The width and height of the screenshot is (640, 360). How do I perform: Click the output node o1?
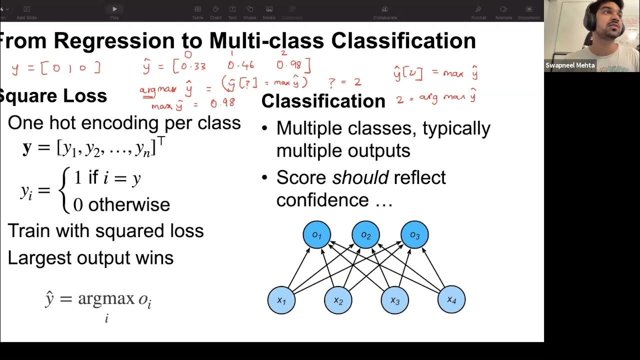point(316,234)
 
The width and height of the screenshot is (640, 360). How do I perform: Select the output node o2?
point(365,234)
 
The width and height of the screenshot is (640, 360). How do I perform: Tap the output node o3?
point(414,234)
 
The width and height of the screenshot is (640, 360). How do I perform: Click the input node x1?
point(281,300)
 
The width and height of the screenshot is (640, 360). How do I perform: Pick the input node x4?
point(451,299)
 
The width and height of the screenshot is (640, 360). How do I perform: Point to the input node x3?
point(395,300)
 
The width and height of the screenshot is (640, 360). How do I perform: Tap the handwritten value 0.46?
point(240,65)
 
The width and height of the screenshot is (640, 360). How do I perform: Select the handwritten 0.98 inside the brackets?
point(289,65)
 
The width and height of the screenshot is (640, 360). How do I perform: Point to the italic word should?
point(360,177)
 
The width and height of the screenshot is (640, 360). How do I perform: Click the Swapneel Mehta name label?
point(570,65)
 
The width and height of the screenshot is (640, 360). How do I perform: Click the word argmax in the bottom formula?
point(106,298)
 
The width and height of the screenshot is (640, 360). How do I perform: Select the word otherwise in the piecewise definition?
point(129,204)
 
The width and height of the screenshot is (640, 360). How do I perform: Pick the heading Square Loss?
point(53,95)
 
